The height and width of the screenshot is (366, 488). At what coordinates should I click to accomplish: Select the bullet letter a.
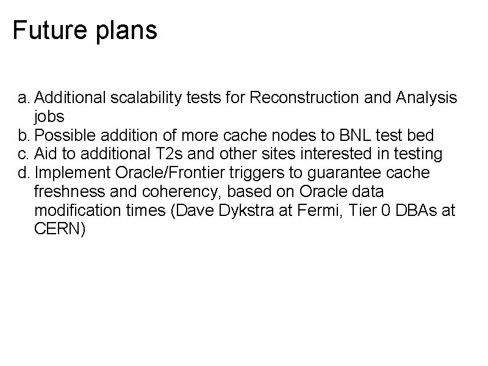coord(23,98)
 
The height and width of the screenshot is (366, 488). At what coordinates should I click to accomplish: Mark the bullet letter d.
coord(23,173)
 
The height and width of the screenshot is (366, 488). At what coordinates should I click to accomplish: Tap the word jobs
coord(50,117)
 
